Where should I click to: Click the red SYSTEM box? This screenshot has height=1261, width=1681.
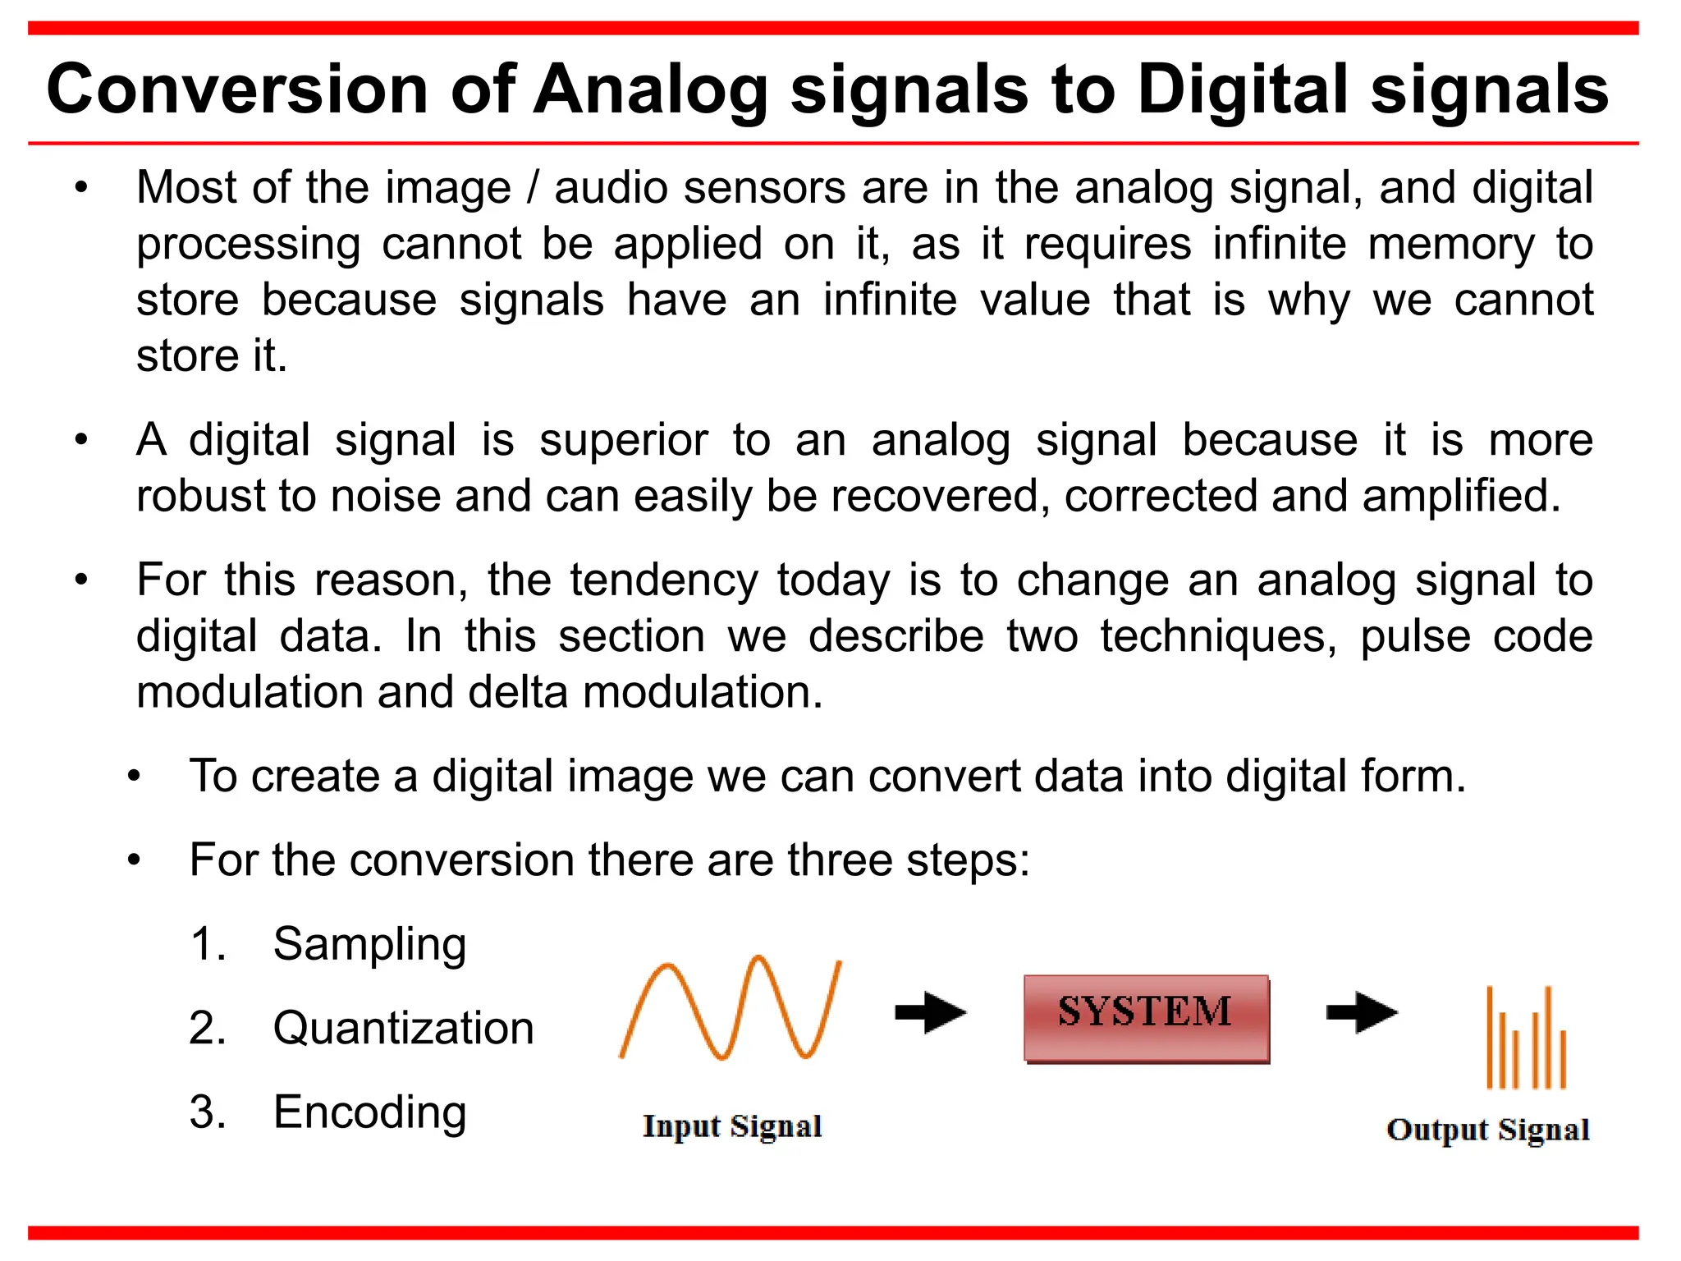(x=1146, y=1019)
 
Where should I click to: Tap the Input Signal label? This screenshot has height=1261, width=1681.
(x=732, y=1126)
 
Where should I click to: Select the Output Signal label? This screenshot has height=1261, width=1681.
(x=1487, y=1130)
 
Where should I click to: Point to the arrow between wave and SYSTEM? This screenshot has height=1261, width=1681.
(x=931, y=1012)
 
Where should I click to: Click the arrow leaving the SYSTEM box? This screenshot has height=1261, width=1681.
(x=1362, y=1012)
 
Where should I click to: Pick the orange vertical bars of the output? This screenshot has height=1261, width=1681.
(x=1527, y=1039)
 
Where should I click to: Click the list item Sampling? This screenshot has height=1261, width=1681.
(x=369, y=944)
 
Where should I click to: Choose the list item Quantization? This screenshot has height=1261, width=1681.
(x=403, y=1028)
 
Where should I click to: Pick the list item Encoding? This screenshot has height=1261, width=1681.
(x=369, y=1112)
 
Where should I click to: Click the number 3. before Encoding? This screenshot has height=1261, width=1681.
(x=207, y=1112)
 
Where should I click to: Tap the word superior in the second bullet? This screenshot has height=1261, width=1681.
(x=623, y=440)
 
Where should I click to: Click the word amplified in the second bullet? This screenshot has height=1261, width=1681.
(x=1460, y=496)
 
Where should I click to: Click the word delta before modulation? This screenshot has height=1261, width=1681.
(x=517, y=692)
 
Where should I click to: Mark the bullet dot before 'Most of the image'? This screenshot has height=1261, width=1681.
(x=80, y=188)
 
